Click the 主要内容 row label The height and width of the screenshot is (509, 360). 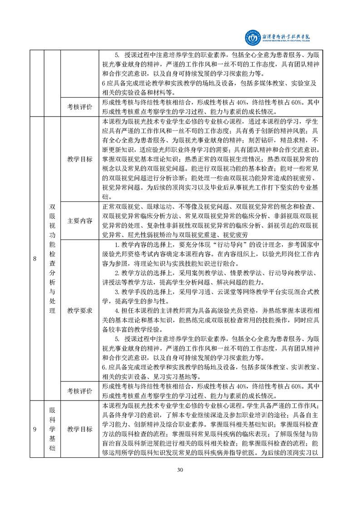79,221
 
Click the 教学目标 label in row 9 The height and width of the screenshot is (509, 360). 79,429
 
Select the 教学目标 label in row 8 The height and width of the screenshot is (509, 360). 79,159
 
